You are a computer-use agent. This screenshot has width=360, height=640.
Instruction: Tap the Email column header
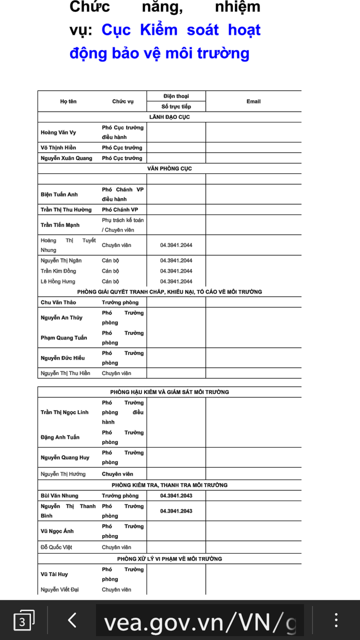[x=254, y=101]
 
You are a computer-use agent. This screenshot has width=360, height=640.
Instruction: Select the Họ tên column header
[x=68, y=101]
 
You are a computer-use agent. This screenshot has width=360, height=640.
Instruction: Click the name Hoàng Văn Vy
[x=58, y=132]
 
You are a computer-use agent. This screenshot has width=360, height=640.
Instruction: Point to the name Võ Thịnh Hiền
[x=58, y=148]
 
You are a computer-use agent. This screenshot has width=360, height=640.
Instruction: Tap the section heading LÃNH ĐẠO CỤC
[x=169, y=117]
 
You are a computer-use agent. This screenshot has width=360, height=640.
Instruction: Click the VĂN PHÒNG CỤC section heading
[x=169, y=168]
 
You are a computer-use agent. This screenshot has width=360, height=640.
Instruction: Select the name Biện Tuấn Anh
[x=59, y=194]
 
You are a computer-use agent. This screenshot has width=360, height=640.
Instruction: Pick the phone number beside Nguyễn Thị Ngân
[x=176, y=260]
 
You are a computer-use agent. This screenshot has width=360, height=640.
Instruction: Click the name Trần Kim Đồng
[x=58, y=271]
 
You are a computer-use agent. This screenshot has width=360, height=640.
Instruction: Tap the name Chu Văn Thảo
[x=58, y=302]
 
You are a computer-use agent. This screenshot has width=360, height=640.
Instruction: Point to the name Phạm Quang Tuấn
[x=64, y=337]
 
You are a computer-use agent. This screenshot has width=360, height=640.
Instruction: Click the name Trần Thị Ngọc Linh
[x=64, y=412]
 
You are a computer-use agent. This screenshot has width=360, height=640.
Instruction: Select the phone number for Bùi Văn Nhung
[x=176, y=495]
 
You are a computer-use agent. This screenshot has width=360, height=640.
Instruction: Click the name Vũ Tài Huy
[x=54, y=574]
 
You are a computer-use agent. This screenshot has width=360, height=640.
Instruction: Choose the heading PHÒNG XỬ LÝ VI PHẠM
[x=169, y=559]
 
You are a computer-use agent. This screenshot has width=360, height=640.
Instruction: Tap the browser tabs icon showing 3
[x=23, y=621]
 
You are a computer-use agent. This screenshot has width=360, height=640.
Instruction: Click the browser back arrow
[x=72, y=620]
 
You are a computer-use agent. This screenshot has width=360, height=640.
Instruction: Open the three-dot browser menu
[x=336, y=620]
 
